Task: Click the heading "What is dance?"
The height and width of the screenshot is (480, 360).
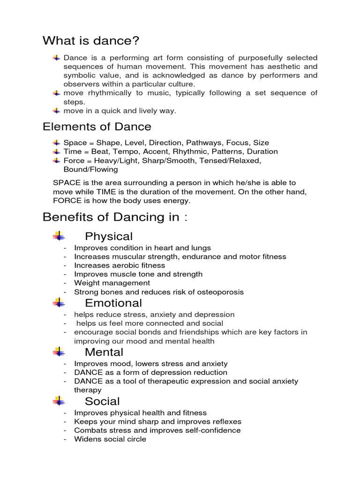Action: click(91, 41)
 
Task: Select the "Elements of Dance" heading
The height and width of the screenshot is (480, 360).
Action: click(97, 127)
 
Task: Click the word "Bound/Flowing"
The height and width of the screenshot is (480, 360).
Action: click(90, 169)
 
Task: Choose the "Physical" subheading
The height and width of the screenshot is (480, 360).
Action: click(109, 236)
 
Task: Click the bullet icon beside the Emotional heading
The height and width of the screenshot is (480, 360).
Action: click(59, 302)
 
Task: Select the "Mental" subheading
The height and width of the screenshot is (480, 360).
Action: click(104, 352)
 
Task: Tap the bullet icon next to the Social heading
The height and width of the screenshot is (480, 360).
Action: click(59, 401)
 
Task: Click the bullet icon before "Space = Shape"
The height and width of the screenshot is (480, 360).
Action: click(56, 142)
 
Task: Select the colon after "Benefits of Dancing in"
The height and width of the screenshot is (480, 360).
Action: click(186, 218)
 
